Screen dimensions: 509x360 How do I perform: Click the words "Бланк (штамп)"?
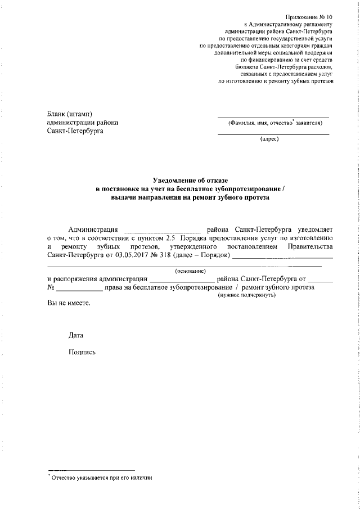tap(70, 114)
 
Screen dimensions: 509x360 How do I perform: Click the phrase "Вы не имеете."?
tap(69, 303)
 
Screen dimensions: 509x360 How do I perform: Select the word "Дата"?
tap(75, 335)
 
